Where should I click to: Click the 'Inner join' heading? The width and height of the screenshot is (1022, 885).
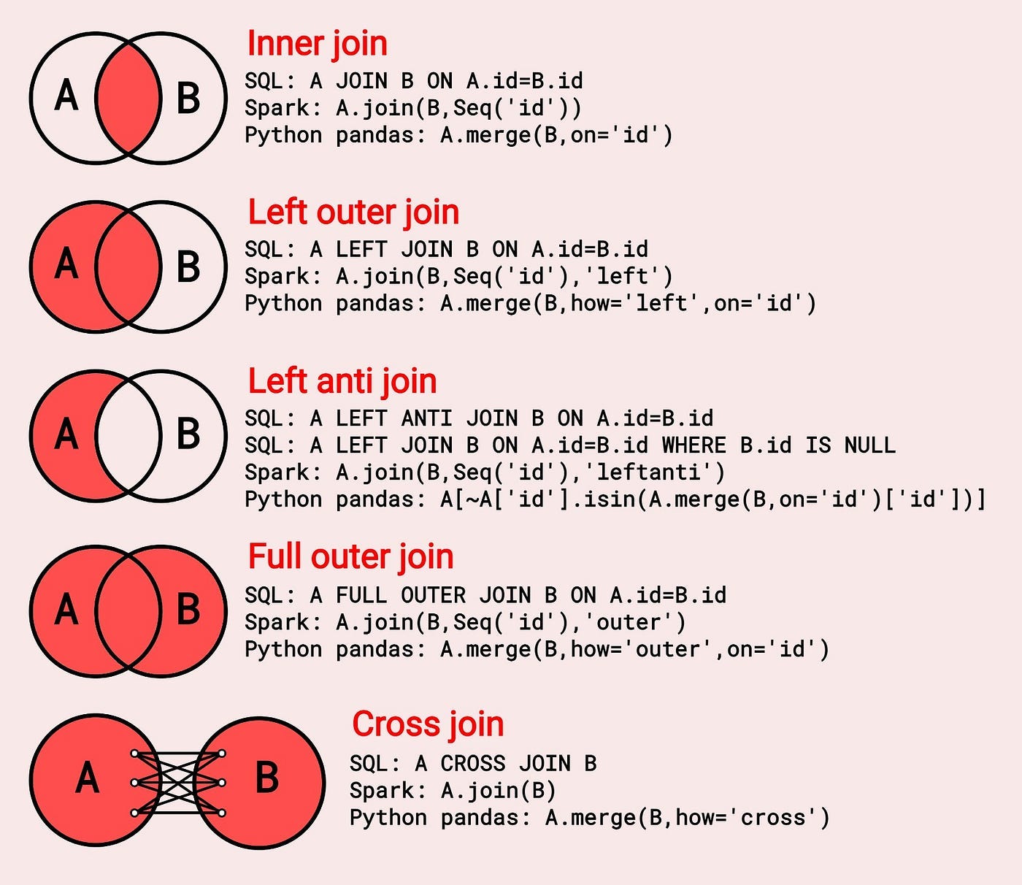click(x=317, y=44)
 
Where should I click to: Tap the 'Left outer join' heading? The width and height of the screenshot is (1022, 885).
click(x=353, y=212)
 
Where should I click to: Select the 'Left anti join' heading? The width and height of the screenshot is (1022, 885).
click(x=342, y=381)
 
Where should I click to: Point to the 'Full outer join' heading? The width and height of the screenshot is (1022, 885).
click(x=350, y=556)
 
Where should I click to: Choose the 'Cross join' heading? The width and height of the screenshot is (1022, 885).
click(x=428, y=724)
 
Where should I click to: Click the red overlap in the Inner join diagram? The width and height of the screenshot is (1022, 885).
click(x=128, y=98)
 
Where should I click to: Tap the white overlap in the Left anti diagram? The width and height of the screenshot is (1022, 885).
click(x=128, y=435)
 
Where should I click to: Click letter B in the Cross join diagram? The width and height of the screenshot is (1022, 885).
click(x=267, y=778)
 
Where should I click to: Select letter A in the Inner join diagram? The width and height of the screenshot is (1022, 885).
click(x=66, y=96)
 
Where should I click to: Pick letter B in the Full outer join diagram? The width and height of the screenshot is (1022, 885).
click(x=188, y=609)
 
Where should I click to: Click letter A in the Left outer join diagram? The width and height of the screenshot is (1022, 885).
click(x=66, y=264)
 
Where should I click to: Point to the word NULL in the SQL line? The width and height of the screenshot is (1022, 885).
click(x=869, y=445)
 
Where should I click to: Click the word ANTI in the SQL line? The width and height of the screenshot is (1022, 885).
click(x=426, y=418)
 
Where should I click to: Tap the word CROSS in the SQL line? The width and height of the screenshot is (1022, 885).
click(x=472, y=764)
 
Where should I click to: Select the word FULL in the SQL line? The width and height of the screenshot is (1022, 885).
click(x=361, y=595)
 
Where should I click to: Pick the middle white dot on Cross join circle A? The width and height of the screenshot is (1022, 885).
click(x=134, y=783)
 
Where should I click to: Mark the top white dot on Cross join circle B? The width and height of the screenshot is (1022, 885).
click(x=222, y=754)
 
